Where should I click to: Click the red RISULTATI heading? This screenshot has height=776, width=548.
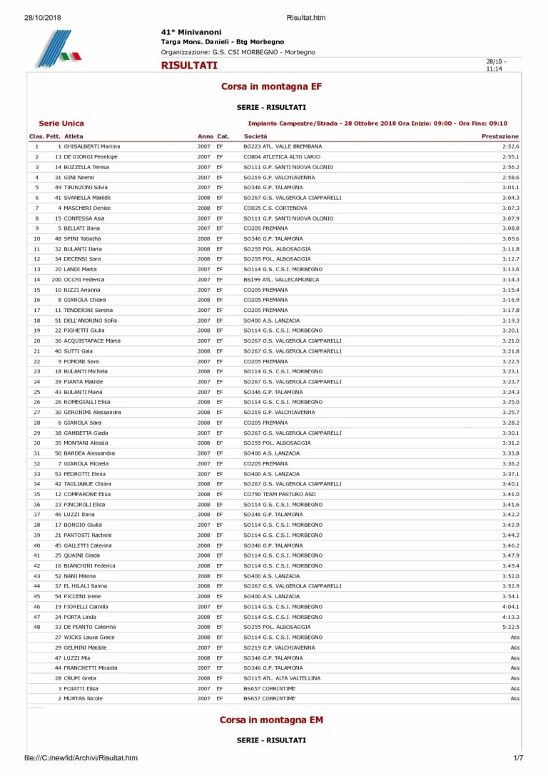pos(189,66)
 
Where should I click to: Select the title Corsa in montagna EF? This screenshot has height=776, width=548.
pos(271,86)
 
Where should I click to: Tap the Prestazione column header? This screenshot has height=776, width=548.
pos(500,136)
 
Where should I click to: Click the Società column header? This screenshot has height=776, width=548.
pos(255,136)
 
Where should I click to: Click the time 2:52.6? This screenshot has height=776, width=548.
pos(510,146)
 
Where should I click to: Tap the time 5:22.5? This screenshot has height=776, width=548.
pos(510,627)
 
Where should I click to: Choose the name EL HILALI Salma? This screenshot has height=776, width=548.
pos(86,586)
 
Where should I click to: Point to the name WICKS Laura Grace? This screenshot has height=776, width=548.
pos(89,638)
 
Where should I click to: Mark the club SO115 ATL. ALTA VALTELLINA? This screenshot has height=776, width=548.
pos(282,678)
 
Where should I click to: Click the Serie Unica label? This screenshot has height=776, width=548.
pos(61,124)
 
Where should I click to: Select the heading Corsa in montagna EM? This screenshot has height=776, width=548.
pos(271,720)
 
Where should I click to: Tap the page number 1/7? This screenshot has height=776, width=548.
pos(518,758)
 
